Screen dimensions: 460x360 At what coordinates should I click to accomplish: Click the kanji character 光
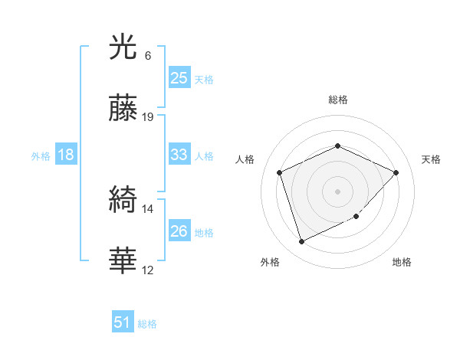pos(124,50)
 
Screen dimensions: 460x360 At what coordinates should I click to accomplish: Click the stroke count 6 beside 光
pos(148,56)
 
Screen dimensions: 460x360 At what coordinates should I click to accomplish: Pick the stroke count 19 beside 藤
pos(149,117)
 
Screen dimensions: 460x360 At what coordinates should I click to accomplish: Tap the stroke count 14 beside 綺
pos(149,208)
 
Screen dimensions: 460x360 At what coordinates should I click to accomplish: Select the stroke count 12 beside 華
pos(149,270)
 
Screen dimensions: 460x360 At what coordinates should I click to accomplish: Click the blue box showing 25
pos(179,77)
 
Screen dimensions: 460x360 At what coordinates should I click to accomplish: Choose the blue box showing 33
pos(179,155)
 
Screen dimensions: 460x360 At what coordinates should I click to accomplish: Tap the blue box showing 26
pos(179,231)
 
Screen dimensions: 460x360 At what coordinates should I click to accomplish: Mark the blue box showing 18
pos(66,155)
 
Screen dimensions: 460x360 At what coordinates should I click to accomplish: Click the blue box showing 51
pos(123,322)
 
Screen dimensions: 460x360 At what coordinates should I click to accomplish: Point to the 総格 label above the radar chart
pos(337,100)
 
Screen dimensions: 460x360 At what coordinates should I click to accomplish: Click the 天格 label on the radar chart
pos(431,159)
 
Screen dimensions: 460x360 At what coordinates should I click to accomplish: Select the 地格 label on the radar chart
pos(402,262)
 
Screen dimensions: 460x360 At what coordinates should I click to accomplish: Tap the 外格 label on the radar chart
pos(270,262)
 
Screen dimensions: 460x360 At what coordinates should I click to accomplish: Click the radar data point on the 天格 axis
pos(396,172)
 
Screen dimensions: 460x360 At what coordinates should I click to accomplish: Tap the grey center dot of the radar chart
pos(337,191)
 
